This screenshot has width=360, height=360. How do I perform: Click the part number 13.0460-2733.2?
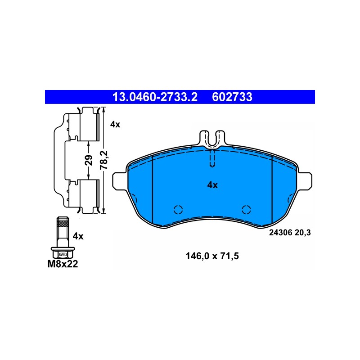[155, 97]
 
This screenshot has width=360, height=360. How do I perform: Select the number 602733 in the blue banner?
[232, 97]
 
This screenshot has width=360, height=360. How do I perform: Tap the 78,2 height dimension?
[104, 160]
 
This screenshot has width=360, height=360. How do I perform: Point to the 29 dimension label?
[89, 160]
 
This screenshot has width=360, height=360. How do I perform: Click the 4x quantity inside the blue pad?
[212, 185]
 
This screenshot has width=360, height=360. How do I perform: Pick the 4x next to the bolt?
[78, 236]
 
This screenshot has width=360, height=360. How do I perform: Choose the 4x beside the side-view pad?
[115, 125]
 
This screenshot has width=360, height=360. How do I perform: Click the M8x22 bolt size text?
[63, 264]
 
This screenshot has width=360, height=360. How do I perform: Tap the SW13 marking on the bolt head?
[63, 255]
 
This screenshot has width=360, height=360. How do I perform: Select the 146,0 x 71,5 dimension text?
[212, 256]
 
